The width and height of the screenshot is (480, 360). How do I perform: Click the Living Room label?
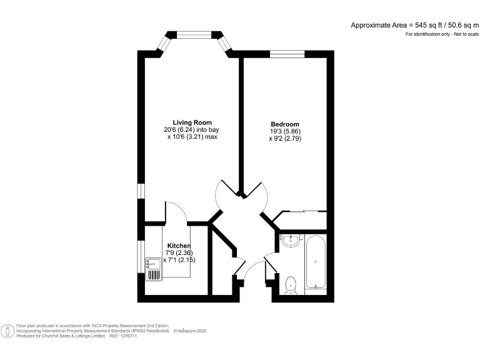[x=192, y=122]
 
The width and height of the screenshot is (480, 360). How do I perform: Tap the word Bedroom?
[x=284, y=124]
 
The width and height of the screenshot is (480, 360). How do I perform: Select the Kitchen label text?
[x=178, y=246]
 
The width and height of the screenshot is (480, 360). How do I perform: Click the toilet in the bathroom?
[x=290, y=285]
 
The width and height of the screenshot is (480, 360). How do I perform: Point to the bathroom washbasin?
[x=290, y=241]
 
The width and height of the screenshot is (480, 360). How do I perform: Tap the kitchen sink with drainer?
[x=154, y=269]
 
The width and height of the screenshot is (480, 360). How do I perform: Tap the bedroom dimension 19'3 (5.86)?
[x=284, y=132]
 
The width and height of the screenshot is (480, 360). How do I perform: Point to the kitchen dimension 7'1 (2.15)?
[x=179, y=260]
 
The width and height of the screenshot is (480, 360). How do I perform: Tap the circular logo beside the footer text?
[x=8, y=331]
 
